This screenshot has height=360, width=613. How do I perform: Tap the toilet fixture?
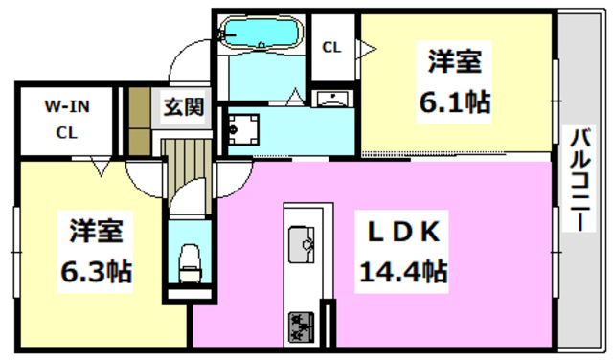188,259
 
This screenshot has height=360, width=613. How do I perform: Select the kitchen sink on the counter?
303,244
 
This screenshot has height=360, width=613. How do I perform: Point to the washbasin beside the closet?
333,100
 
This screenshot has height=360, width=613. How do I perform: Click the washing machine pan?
243,129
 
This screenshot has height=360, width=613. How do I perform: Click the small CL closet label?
331,46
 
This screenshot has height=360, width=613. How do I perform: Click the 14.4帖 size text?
402,271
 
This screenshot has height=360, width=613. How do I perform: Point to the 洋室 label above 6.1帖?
454,60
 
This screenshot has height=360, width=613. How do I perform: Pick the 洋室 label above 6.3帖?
97,233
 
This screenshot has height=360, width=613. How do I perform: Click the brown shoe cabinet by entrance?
140,120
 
